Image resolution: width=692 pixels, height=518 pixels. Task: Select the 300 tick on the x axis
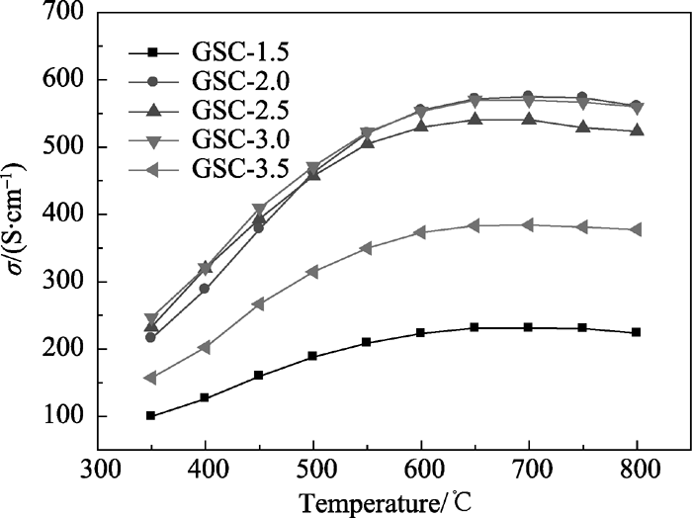coord(97,463)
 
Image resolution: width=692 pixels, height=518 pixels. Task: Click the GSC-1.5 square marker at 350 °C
coord(150,415)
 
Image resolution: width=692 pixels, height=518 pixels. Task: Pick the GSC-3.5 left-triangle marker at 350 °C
coord(150,378)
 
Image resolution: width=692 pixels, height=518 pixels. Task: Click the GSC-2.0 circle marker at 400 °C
coord(205,289)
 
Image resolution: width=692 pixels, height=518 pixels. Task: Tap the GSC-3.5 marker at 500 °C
coord(312,271)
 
